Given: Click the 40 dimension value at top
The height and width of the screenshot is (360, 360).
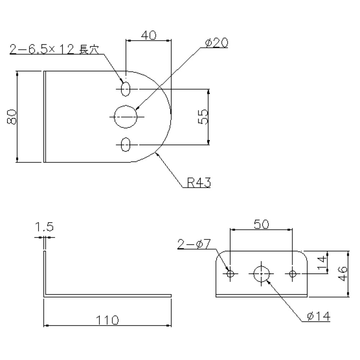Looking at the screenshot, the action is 148,35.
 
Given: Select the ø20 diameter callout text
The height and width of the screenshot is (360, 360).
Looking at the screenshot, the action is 216,42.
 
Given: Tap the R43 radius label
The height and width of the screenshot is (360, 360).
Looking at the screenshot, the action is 199,183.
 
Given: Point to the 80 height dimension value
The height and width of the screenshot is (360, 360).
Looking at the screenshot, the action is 12,117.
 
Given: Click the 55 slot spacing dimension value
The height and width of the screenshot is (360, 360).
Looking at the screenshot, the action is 203,117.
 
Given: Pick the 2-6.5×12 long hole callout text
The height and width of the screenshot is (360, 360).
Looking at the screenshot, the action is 54,49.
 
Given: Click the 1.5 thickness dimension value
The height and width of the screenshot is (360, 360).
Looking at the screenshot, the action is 44,226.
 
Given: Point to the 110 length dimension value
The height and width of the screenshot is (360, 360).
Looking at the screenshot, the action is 107,320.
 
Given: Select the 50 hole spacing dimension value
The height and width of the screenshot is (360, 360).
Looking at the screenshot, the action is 261,224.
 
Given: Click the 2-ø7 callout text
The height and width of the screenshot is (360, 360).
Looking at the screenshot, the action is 194,244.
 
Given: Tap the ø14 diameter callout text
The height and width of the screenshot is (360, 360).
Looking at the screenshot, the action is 319,316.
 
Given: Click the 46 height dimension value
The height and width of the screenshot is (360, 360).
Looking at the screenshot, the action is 343,274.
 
